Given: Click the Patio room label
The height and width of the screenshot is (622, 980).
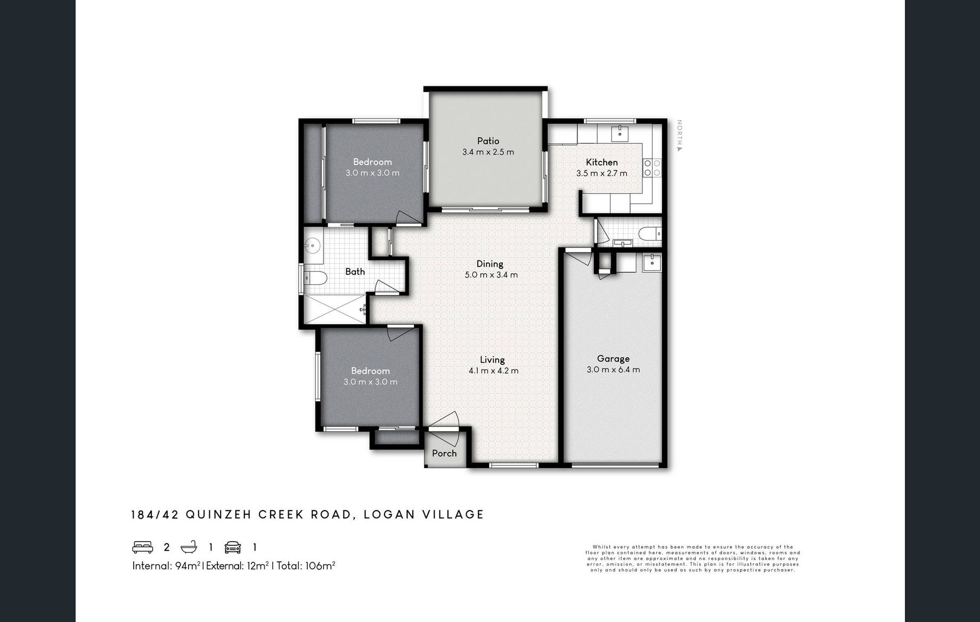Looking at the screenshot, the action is click(x=488, y=141).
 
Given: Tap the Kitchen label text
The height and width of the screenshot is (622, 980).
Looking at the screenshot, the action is click(x=602, y=162).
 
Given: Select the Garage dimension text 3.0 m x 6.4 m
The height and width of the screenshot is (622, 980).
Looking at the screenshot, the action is click(x=613, y=370).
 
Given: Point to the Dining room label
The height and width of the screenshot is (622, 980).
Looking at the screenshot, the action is click(x=490, y=264).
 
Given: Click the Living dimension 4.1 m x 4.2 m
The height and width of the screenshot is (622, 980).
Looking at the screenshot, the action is click(x=493, y=371).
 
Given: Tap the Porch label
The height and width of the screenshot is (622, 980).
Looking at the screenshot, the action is click(x=444, y=453).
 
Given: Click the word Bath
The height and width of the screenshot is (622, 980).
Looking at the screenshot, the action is click(x=355, y=272).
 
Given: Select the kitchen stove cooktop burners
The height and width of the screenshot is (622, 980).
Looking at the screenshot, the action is click(x=652, y=168).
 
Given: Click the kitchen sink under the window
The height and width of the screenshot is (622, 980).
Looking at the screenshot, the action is click(x=619, y=133).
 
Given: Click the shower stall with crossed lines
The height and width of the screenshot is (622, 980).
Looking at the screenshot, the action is click(x=335, y=309).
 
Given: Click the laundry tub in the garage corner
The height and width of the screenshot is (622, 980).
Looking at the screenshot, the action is click(x=652, y=263).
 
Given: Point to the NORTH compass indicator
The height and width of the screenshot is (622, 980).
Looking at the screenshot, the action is click(x=679, y=135).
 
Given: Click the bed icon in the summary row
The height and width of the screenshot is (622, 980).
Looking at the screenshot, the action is click(x=143, y=547).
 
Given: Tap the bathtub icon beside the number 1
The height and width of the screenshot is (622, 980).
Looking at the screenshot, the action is click(x=189, y=547).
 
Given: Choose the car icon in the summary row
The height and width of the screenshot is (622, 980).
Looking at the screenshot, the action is click(x=233, y=547).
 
